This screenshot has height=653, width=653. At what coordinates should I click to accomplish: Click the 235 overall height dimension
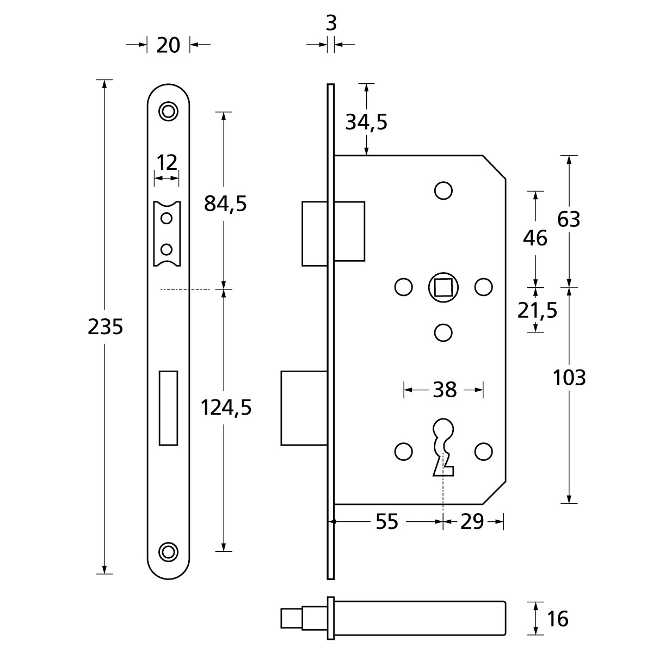[106, 327]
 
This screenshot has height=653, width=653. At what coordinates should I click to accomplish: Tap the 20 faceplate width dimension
[168, 45]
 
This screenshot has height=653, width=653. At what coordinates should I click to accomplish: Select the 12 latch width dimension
[167, 162]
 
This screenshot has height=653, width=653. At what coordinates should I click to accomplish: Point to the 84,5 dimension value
[225, 204]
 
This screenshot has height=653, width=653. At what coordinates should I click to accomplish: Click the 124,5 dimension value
[226, 407]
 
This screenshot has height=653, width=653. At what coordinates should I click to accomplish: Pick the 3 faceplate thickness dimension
[331, 23]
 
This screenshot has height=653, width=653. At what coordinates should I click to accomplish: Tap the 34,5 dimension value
[367, 122]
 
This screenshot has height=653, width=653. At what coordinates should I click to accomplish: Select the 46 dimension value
[535, 238]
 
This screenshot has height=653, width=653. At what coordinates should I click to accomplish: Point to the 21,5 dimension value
[538, 311]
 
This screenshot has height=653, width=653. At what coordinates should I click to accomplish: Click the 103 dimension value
[569, 377]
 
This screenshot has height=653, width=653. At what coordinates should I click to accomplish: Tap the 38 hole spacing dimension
[444, 390]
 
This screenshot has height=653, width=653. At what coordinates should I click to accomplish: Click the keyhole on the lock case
[444, 446]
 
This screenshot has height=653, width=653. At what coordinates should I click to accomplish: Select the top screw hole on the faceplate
[168, 110]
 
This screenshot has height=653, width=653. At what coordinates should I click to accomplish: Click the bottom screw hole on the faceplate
[168, 551]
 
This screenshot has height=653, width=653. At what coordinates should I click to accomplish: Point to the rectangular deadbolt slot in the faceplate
[168, 408]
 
